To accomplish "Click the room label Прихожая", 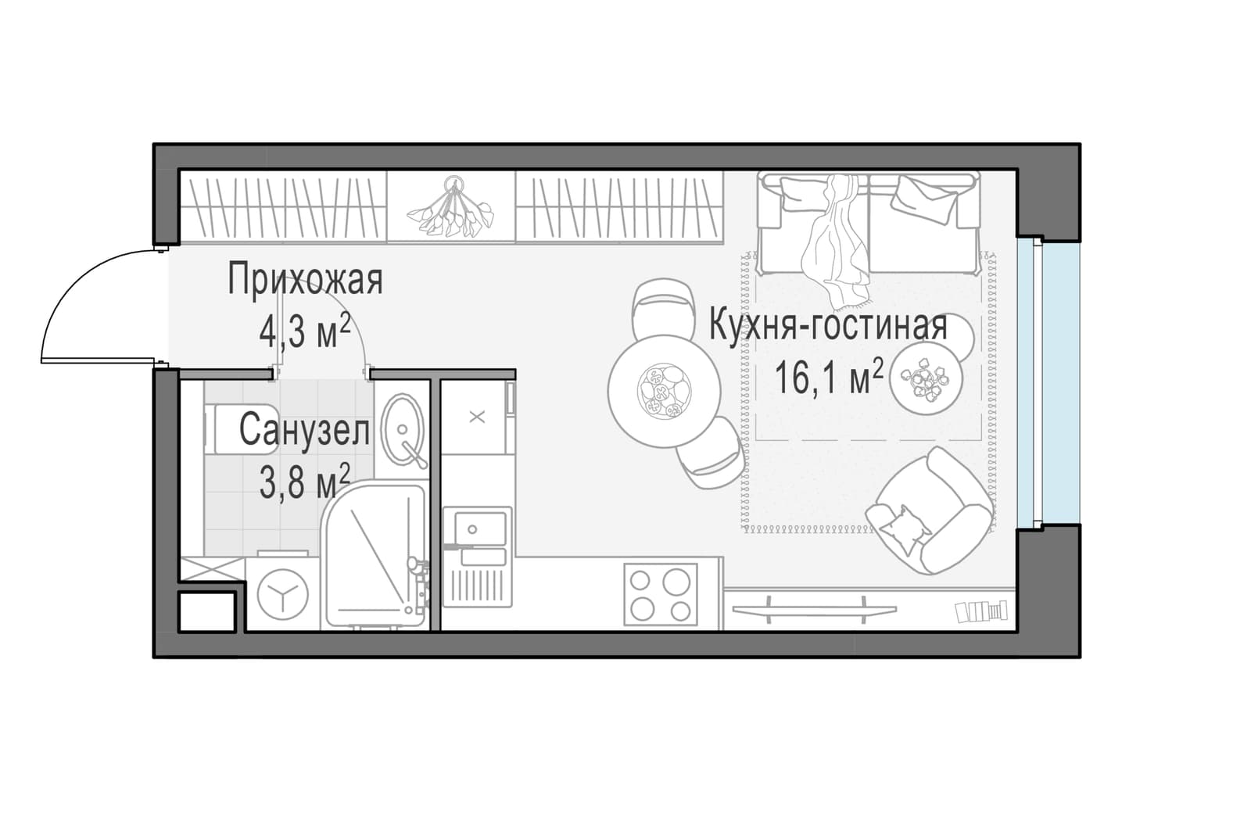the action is coord(305,280).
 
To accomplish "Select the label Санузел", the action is coord(304,431).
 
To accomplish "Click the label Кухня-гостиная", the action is coord(828,326).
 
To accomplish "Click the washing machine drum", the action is coord(282,593).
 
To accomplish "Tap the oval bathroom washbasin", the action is coord(402,429).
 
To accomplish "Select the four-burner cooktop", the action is coord(661,594).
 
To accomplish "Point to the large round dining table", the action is coord(664,392).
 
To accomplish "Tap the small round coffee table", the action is coord(927,378).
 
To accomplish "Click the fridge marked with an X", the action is coord(477,417).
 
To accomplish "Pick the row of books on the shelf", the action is coord(981,611).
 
